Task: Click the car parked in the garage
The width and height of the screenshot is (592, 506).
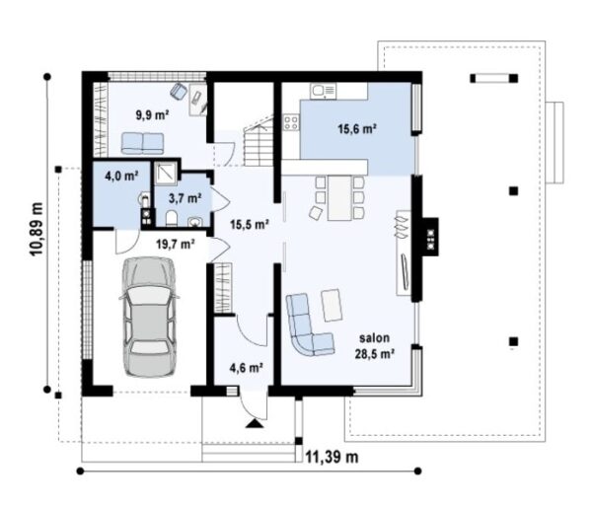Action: click(x=149, y=317)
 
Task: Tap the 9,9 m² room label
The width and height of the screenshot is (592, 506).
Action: click(x=152, y=114)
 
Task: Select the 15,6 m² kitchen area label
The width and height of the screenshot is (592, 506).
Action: click(x=357, y=129)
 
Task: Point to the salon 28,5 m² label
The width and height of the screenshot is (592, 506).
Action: click(x=375, y=345)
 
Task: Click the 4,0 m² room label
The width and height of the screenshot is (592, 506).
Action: click(x=121, y=176)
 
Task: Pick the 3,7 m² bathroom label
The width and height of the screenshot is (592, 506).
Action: click(x=185, y=198)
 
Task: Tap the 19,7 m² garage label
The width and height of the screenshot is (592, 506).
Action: click(x=176, y=245)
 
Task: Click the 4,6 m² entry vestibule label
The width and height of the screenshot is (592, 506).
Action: click(x=246, y=367)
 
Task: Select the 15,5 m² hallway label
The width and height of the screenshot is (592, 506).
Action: click(x=250, y=225)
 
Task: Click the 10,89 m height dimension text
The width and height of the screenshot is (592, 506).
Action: click(x=37, y=229)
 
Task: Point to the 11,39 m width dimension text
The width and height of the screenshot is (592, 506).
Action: click(x=332, y=457)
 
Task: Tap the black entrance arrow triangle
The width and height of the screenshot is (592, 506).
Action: click(x=255, y=423)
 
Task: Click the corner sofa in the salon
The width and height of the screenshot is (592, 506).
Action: click(x=310, y=325)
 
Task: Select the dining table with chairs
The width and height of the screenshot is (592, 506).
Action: click(x=339, y=198)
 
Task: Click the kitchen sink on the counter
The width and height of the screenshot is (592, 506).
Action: click(x=323, y=91)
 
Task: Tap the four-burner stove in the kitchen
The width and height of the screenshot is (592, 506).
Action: click(x=291, y=123)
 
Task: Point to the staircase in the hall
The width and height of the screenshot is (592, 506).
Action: click(x=259, y=141)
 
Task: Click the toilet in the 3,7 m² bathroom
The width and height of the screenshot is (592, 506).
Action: click(x=172, y=219)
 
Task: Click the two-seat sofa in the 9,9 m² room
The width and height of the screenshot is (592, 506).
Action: click(x=143, y=143)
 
